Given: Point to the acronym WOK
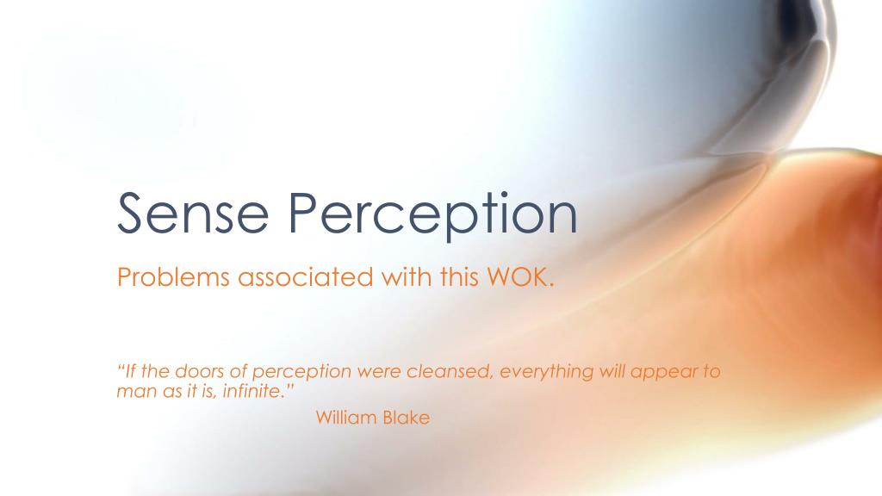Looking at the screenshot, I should tap(517, 278).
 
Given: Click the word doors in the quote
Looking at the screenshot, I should tap(203, 372).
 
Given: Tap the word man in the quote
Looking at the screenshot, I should tap(133, 391).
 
